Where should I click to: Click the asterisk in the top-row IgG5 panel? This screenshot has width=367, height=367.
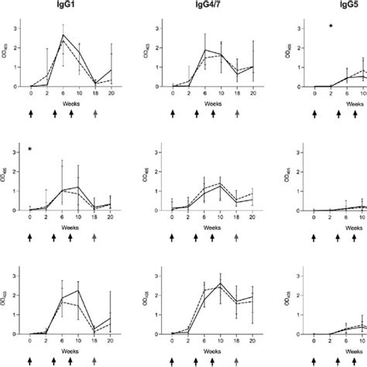click(331, 27)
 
